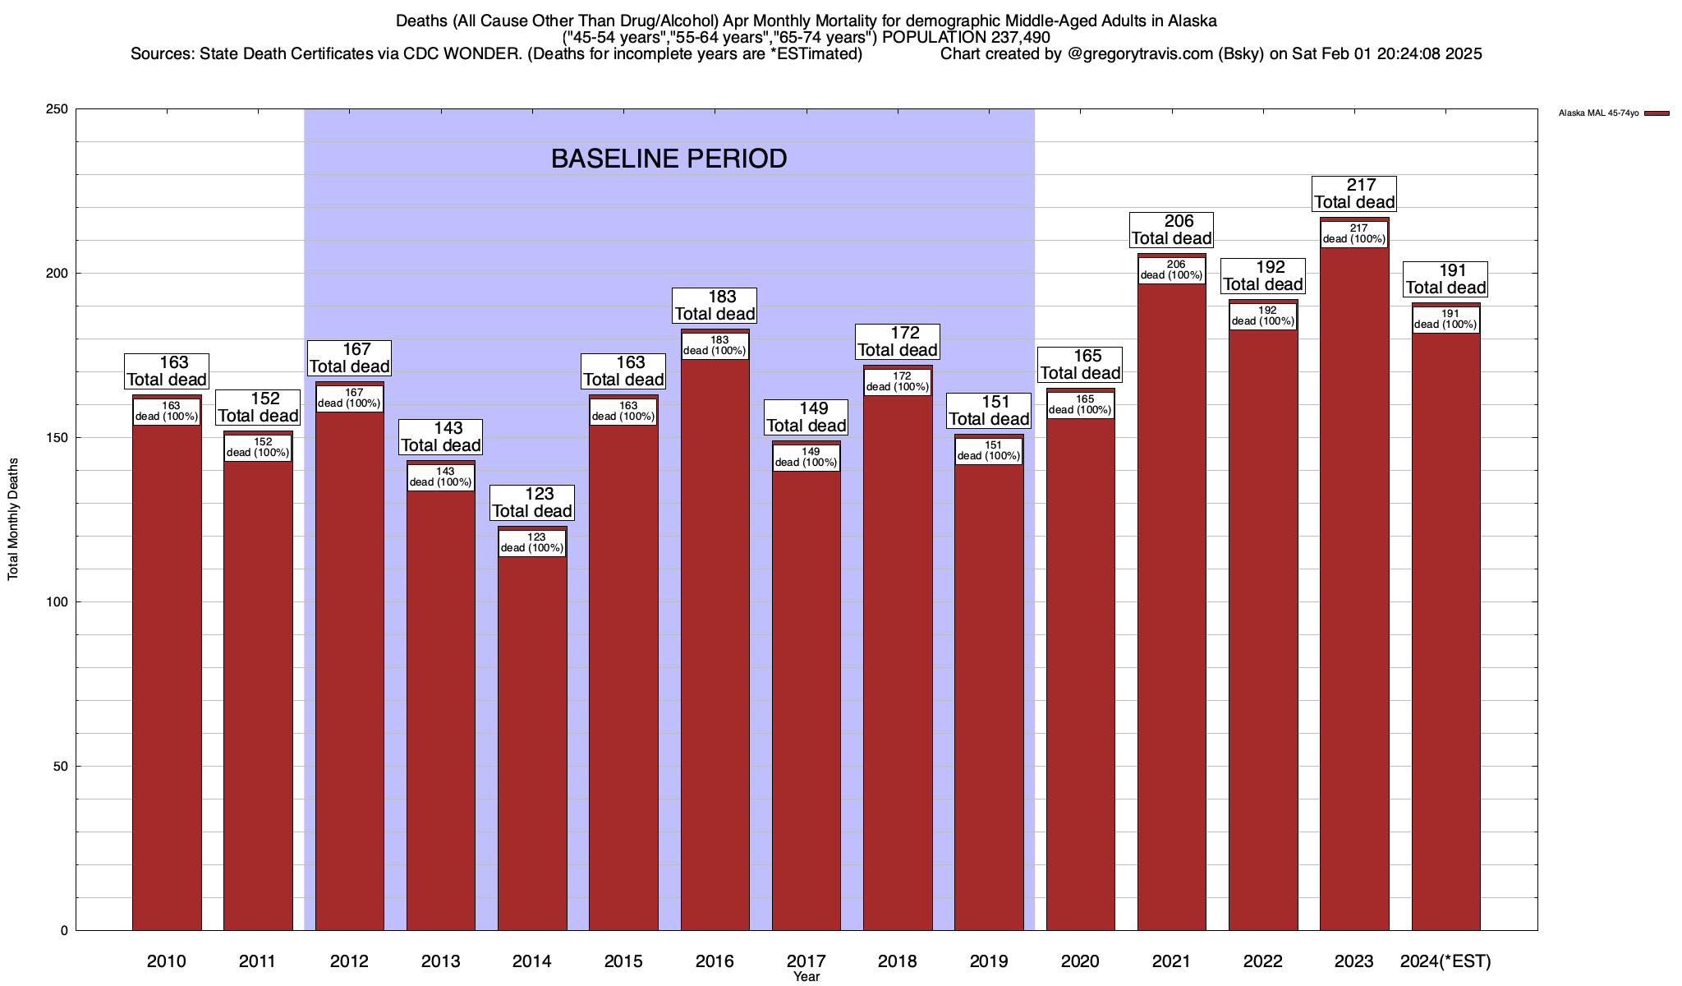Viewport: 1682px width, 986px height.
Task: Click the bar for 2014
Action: point(532,739)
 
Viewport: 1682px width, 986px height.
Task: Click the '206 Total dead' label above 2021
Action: point(1171,230)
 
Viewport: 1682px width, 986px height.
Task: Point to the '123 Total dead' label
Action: point(531,503)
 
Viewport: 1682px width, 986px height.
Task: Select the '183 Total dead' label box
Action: point(715,306)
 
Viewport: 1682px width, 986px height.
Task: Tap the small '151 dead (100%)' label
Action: point(989,451)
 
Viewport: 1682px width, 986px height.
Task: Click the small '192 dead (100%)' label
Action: point(1262,316)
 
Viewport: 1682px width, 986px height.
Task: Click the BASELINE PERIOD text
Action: point(669,159)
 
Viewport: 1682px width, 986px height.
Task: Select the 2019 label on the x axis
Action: point(989,961)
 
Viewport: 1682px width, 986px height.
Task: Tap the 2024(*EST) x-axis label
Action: point(1445,961)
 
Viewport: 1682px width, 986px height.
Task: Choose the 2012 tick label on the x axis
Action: point(349,961)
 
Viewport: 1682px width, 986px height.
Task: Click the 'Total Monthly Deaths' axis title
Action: point(13,519)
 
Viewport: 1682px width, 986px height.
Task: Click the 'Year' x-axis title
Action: point(806,977)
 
